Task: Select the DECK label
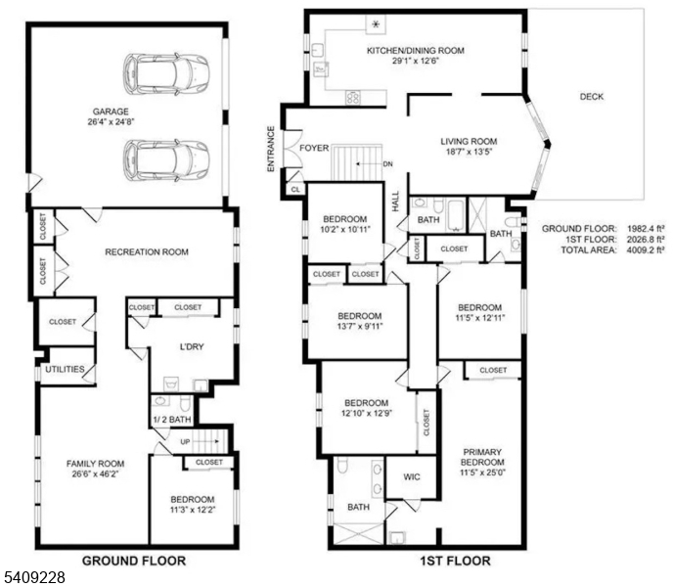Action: pyautogui.click(x=591, y=97)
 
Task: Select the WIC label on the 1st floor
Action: pyautogui.click(x=412, y=478)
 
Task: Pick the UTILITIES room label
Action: pyautogui.click(x=65, y=369)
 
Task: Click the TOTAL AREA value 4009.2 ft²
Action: pyautogui.click(x=645, y=250)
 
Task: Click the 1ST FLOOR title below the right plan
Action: pyautogui.click(x=457, y=561)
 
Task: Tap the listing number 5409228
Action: pyautogui.click(x=33, y=578)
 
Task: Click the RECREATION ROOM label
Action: pyautogui.click(x=147, y=252)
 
